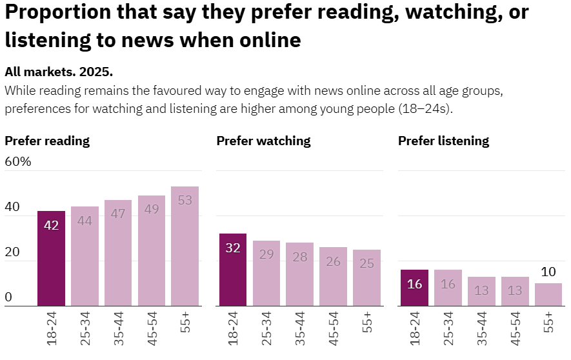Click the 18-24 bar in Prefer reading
click(x=51, y=258)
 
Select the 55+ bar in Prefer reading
click(x=185, y=246)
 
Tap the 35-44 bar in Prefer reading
click(x=118, y=253)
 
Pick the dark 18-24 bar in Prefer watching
click(x=233, y=270)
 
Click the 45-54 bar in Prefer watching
click(x=334, y=276)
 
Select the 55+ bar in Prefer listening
click(x=548, y=294)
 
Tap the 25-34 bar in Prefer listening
click(x=448, y=288)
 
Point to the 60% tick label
click(x=18, y=161)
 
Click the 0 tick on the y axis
click(x=8, y=297)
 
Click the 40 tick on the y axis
click(x=12, y=207)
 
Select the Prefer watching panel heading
click(x=263, y=141)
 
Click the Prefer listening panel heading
click(x=443, y=141)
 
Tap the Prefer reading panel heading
click(x=47, y=141)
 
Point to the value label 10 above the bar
click(x=548, y=272)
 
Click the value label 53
click(x=185, y=200)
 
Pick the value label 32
click(x=233, y=248)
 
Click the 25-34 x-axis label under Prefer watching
click(x=266, y=328)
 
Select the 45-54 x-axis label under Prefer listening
click(x=516, y=328)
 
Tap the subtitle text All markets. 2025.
click(x=59, y=72)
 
